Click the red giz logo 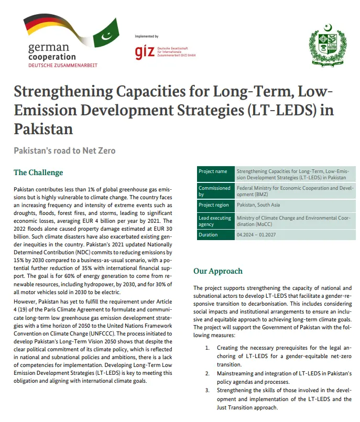(144, 51)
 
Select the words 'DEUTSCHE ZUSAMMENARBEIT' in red (63, 65)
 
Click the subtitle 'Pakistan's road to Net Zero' (64, 150)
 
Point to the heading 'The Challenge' (38, 172)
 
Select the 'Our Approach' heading (218, 271)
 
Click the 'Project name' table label (213, 171)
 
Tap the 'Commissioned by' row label (214, 191)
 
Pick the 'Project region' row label (214, 205)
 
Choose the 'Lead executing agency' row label (214, 220)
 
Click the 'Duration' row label (208, 235)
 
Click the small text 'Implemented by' (147, 36)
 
